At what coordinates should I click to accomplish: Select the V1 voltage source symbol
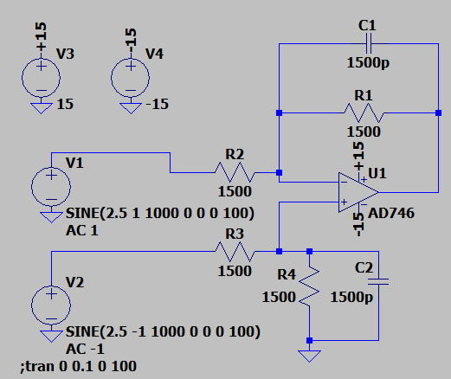tap(51, 186)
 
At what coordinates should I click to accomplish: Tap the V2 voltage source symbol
tap(51, 305)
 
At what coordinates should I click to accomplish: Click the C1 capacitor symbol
tap(369, 43)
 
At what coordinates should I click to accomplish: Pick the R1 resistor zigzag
tap(364, 113)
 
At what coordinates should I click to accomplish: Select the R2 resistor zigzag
tap(235, 172)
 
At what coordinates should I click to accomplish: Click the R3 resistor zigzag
tap(235, 252)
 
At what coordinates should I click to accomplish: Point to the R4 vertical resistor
tap(309, 287)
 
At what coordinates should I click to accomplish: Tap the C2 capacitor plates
tap(378, 281)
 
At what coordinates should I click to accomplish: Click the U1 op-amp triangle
tap(358, 192)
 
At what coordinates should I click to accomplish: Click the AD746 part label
tap(391, 213)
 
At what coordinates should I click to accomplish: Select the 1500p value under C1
tap(368, 62)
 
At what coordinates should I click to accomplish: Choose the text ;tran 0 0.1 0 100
tap(78, 367)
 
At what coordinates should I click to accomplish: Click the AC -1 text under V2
tap(85, 350)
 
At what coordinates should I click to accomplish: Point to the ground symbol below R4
tap(309, 356)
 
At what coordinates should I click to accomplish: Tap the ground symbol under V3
tap(41, 108)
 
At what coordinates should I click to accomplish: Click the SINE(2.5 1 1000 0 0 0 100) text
tap(160, 214)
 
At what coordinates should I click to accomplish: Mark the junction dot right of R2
tap(279, 172)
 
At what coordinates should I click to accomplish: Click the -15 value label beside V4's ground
tap(158, 104)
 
